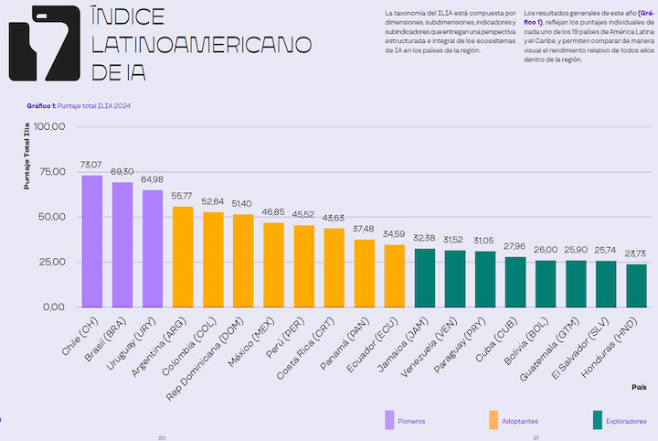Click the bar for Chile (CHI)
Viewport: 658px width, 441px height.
91,241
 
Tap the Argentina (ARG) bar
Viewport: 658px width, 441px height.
183,256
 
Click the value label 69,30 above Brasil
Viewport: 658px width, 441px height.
122,171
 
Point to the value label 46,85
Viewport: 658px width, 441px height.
274,211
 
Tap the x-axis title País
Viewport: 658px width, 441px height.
639,387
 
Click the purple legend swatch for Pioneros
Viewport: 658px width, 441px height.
389,420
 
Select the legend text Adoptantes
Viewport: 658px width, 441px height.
520,421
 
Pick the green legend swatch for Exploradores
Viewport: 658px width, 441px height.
598,420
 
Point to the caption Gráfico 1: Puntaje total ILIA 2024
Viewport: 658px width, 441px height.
79,106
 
